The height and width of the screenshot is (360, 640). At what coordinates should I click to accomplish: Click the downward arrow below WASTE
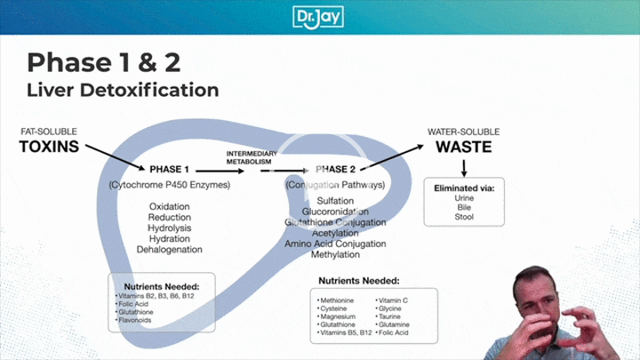[x=464, y=168]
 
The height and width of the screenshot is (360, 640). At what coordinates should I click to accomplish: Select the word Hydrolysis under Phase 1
[x=169, y=228]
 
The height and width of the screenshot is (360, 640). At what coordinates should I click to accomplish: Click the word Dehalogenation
[x=169, y=250]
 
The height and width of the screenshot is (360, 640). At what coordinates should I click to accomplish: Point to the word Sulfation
[x=335, y=202]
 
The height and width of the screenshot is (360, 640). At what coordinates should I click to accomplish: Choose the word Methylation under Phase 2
[x=335, y=254]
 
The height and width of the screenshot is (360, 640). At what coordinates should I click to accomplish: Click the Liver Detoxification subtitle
[x=123, y=90]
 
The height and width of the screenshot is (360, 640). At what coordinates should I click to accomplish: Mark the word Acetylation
[x=335, y=233]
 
